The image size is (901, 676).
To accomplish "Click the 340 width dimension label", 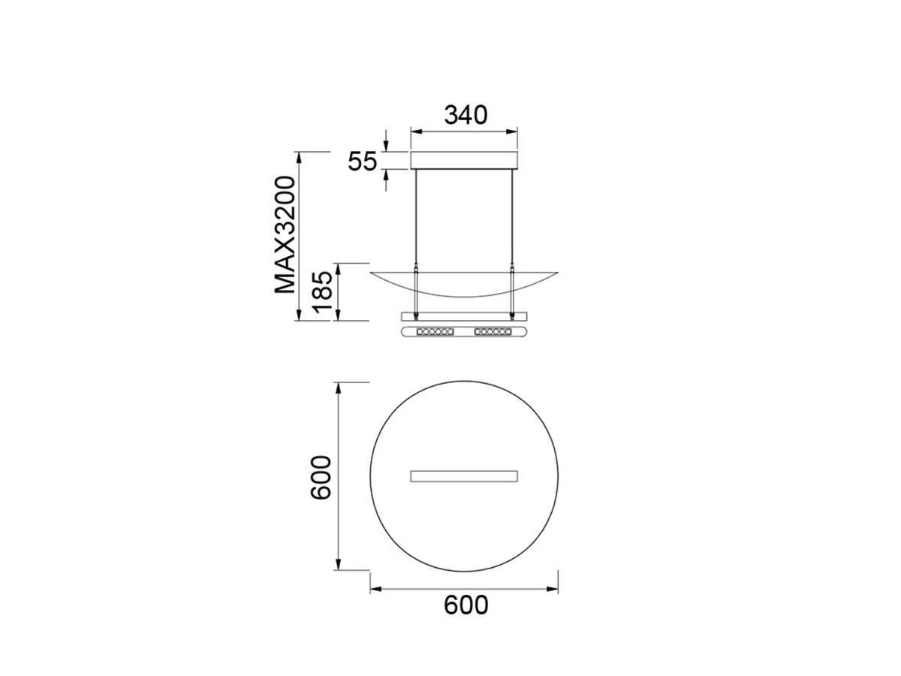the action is [x=466, y=116].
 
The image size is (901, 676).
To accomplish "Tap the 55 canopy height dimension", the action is [x=362, y=161].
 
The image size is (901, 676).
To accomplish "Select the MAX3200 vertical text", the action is [x=285, y=235].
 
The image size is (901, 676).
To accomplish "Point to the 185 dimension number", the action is [x=322, y=291].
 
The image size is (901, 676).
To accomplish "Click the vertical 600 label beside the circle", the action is [x=320, y=478].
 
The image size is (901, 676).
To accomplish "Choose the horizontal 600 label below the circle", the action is [x=466, y=605].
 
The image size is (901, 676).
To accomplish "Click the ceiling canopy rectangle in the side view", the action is [x=464, y=160].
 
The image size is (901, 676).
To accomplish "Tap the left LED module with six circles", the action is [x=435, y=331].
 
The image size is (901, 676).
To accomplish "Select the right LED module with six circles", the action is [x=493, y=331].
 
